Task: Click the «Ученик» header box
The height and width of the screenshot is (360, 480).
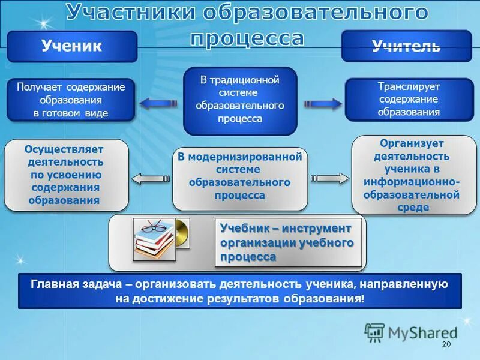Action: (72, 46)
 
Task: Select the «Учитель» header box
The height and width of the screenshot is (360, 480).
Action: (406, 46)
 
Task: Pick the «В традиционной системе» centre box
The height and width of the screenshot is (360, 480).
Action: (240, 100)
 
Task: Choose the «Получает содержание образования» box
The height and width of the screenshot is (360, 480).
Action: (71, 100)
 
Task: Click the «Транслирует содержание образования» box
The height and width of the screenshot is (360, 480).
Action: (409, 99)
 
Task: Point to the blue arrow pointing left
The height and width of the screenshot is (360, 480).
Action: (158, 103)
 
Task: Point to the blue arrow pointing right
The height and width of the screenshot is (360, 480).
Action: (322, 103)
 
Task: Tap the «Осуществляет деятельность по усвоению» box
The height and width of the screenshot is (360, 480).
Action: (66, 175)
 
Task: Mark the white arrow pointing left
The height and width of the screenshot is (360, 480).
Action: (150, 178)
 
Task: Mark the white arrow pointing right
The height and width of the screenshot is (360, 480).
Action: (329, 178)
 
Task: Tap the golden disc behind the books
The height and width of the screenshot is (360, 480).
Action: (181, 234)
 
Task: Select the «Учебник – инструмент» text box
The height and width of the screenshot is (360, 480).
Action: (288, 242)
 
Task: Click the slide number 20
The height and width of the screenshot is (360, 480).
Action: (445, 344)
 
